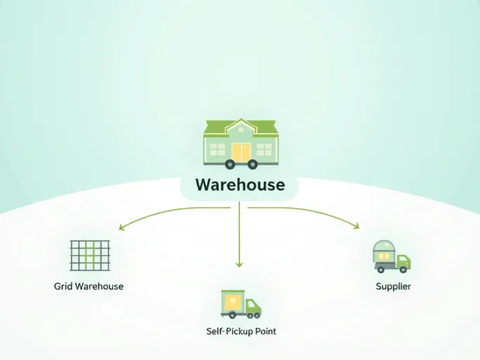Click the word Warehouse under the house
click(240, 185)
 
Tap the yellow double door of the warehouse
click(241, 152)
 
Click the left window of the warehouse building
click(218, 149)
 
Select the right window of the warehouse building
click(264, 149)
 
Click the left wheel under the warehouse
click(229, 165)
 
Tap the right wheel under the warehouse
click(251, 165)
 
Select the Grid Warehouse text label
click(88, 286)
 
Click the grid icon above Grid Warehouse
click(91, 255)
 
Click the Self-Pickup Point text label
click(241, 331)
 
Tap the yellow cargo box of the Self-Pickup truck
click(233, 302)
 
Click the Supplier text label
click(393, 286)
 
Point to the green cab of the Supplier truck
click(404, 262)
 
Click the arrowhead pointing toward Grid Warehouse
click(122, 227)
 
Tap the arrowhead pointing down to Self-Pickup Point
click(239, 264)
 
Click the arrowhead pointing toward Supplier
click(356, 226)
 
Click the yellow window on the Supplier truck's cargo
click(382, 258)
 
